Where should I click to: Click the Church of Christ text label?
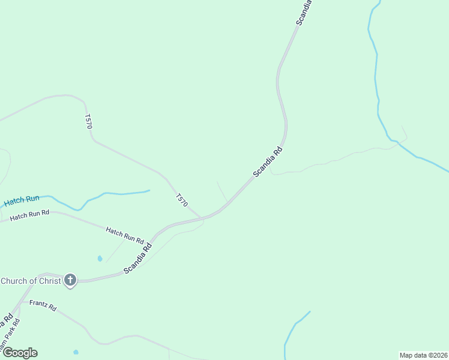(31, 281)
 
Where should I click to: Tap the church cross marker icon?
(70, 280)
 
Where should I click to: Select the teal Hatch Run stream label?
(22, 200)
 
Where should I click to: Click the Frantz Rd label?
(43, 305)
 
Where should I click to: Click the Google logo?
(20, 353)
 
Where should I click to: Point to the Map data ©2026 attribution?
(423, 355)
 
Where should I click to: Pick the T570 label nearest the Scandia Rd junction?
(182, 200)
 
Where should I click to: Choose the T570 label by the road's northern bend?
(89, 121)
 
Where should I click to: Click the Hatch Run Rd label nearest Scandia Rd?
(125, 235)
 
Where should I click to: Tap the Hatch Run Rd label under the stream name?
(28, 215)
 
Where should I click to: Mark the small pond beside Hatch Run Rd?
(100, 259)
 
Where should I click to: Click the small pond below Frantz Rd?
(76, 352)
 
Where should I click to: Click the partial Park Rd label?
(11, 334)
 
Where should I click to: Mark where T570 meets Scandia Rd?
(201, 218)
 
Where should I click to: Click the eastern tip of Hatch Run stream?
(148, 191)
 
